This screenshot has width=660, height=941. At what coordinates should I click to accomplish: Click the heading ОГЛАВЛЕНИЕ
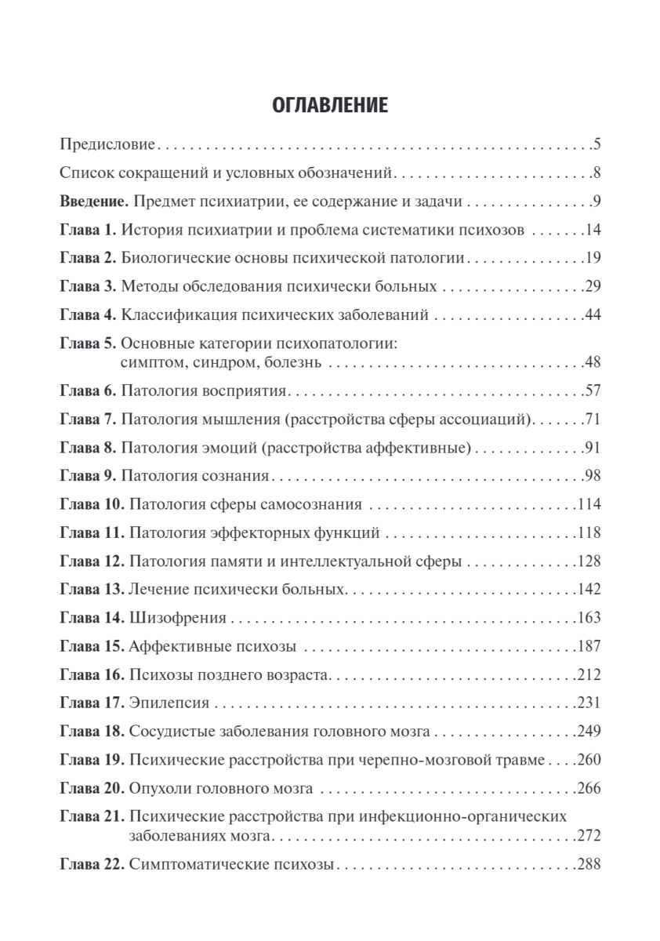329,105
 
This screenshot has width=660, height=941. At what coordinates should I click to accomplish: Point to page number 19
592,259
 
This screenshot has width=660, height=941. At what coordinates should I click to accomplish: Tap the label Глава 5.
88,344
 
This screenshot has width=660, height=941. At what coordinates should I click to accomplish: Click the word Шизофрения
176,618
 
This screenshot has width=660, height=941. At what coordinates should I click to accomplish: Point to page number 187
588,646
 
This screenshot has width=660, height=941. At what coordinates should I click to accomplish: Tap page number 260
588,761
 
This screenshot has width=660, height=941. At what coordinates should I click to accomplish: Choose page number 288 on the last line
588,865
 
